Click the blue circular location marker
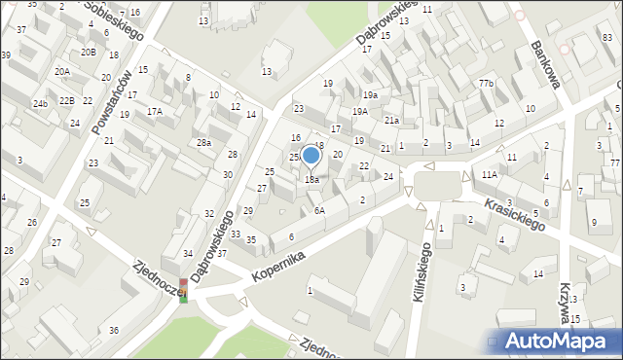tap(311, 154)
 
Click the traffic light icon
tap(183, 290)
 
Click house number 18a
tap(311, 179)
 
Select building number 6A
tap(318, 210)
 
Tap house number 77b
tap(486, 84)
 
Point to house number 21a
tap(391, 120)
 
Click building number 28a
tap(203, 143)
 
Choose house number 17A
tap(155, 111)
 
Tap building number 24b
tap(40, 103)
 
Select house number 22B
tap(66, 100)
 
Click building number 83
tap(606, 37)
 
